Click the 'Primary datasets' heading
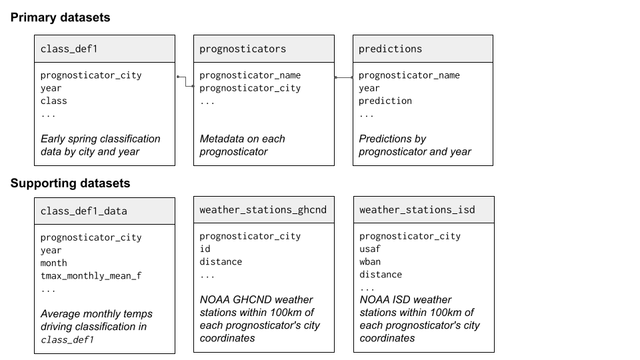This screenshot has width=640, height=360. point(60,18)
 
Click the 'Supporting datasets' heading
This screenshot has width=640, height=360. point(70,183)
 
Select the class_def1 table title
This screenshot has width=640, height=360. point(69,49)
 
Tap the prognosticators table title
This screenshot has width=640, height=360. point(243,49)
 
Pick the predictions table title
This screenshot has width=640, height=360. point(390,49)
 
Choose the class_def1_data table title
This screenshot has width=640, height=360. point(83,211)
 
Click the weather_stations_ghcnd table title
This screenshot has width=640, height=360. point(263,210)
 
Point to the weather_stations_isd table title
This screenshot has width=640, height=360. point(417,210)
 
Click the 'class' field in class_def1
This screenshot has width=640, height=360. point(54,101)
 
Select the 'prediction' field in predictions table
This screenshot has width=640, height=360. point(385,101)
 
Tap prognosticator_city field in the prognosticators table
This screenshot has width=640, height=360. point(250,88)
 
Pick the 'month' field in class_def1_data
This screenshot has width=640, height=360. point(54,263)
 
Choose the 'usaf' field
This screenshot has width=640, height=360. point(370,249)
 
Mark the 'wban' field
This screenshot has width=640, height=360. point(370,261)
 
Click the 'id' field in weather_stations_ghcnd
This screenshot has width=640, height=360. point(205,249)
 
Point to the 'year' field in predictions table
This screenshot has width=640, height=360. point(369,88)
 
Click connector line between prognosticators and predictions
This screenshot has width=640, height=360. point(343,77)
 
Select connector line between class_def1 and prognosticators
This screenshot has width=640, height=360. point(185,81)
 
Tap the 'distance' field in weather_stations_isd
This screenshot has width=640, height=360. point(381,274)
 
